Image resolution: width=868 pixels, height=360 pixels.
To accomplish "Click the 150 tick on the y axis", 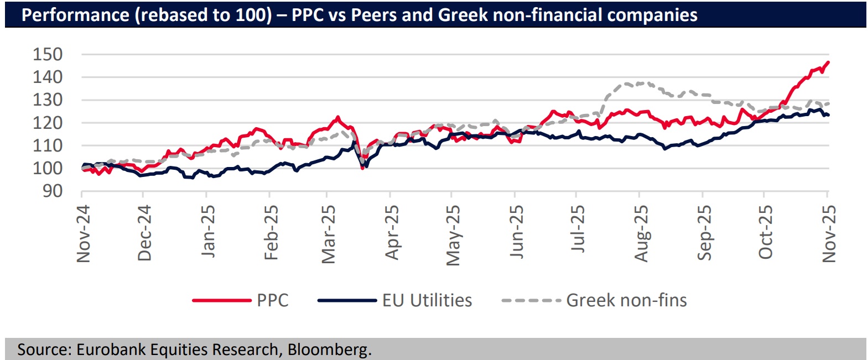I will (48, 54).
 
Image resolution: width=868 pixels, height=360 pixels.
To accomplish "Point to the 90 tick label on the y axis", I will (53, 191).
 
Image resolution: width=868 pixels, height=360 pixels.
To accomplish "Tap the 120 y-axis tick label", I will (48, 123).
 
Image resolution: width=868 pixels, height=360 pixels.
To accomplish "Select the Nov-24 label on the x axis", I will (84, 233).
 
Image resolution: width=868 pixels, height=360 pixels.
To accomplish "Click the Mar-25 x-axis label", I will (329, 234).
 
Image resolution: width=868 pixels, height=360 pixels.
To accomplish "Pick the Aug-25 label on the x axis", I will (641, 233).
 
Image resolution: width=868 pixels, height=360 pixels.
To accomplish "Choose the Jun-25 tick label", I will (517, 232).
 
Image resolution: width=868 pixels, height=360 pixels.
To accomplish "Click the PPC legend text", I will (273, 300).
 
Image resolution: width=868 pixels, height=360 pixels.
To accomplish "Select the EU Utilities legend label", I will (427, 300).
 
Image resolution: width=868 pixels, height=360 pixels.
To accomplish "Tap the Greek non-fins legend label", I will (626, 300).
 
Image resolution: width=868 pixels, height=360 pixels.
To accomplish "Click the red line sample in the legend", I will (221, 300).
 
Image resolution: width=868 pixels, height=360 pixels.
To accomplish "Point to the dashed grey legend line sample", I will (531, 300).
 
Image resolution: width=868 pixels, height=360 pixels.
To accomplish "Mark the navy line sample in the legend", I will (347, 300).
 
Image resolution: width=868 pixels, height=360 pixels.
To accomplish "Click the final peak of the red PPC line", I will (828, 62).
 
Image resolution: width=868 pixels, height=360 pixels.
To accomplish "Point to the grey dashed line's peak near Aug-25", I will (641, 83).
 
